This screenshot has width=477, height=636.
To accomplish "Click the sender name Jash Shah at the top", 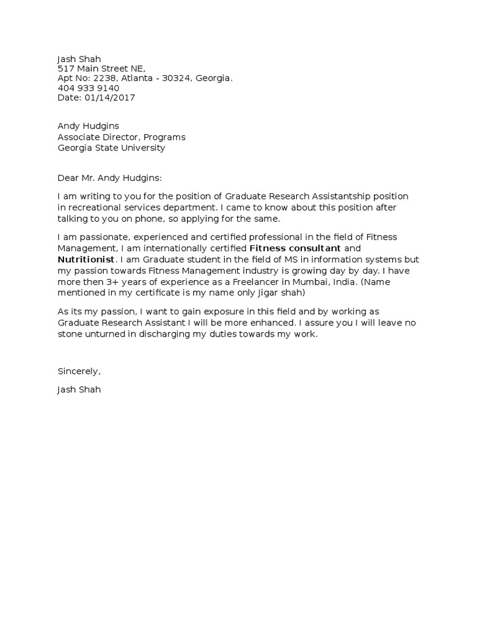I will (x=79, y=59).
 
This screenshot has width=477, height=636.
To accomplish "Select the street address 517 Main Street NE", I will (x=102, y=68).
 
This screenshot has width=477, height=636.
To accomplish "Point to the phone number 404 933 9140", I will (x=88, y=88).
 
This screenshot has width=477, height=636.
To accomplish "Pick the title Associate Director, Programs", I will (x=121, y=137).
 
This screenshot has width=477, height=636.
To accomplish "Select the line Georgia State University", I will (x=111, y=148).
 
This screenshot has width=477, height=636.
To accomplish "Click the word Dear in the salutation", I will (x=68, y=178).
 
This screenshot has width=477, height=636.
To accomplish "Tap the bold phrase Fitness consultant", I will (x=294, y=248).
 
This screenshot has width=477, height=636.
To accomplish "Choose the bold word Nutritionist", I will (x=86, y=258).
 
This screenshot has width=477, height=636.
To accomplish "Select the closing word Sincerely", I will (x=78, y=371).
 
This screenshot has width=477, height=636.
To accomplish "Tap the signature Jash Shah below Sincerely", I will (x=79, y=390).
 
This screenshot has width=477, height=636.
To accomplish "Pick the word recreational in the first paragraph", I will (x=94, y=206).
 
